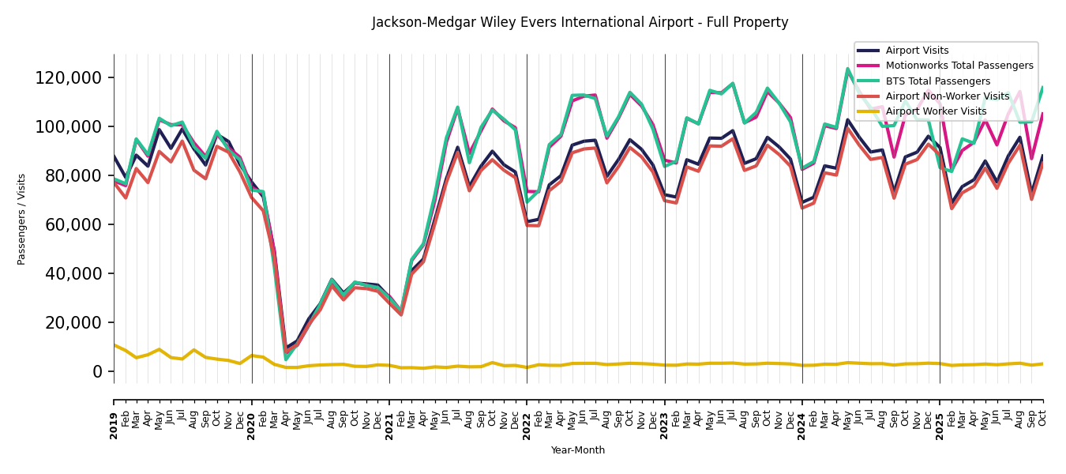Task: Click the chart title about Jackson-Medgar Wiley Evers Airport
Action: tap(580, 23)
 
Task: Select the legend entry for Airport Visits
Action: tap(917, 51)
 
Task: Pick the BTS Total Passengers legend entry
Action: tap(937, 81)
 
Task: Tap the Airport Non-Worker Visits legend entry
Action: tap(947, 96)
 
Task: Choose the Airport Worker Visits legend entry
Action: tap(936, 111)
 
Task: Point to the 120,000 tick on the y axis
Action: tap(69, 77)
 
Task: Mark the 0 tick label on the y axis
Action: tap(98, 371)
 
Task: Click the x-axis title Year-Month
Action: tap(578, 450)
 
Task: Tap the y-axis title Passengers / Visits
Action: tap(22, 219)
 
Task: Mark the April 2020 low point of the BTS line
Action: tap(286, 359)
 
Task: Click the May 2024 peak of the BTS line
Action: tap(848, 69)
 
